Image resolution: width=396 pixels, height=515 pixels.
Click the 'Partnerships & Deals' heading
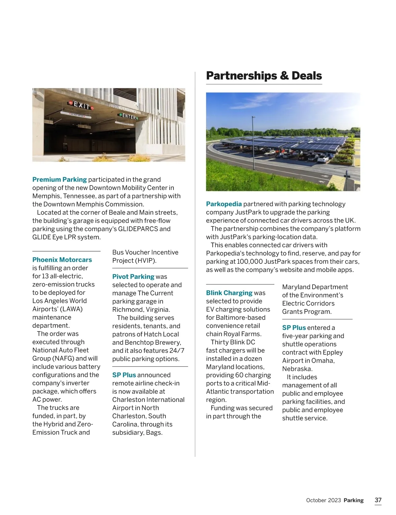264,76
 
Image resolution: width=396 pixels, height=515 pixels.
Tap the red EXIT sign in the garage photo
81,105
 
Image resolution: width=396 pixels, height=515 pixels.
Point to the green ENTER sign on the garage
129,116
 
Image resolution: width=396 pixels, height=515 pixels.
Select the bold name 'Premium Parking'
59,179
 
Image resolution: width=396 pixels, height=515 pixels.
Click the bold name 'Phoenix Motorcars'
62,260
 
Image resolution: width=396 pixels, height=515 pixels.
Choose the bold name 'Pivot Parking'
133,277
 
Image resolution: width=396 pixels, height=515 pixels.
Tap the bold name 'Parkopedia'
224,204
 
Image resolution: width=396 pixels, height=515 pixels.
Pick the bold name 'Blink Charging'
229,293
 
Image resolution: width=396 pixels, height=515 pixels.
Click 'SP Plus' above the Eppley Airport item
294,328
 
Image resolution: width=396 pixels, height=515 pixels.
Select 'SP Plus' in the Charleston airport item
124,375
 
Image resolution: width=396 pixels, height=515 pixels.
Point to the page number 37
378,500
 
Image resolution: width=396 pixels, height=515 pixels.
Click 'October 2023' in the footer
323,500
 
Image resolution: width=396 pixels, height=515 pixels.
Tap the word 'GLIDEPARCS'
138,229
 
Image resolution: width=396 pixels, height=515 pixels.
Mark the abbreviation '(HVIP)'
145,260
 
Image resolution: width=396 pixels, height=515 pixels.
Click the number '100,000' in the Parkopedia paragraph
249,261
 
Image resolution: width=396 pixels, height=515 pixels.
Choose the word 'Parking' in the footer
353,500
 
